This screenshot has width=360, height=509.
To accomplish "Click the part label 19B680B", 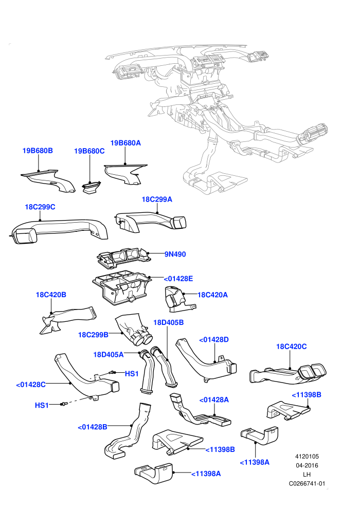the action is pos(38,151).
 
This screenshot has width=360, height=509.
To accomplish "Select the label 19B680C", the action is pos(89,151).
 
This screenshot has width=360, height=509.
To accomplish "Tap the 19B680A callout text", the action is pos(125,143).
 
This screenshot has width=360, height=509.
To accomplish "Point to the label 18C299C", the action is pos(40,207).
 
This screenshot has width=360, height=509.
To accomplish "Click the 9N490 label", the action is pos(175,254).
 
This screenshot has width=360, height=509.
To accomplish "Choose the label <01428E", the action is pos(178,279).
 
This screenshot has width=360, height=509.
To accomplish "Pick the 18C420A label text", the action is pos(212,295).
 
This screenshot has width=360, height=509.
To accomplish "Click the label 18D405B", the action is pos(169,322).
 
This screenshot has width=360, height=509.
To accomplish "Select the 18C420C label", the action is pos(291,347).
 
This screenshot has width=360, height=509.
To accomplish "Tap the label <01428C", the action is pos(31,385).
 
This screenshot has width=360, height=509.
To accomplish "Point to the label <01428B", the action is pos(93,427).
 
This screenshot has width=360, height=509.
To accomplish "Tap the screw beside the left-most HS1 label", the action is pos(64,404).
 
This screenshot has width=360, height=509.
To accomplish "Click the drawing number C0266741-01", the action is pos(307,484).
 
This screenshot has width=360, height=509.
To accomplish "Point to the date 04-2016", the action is pos(307,465).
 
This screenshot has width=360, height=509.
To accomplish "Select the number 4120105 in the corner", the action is pos(307,457).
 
